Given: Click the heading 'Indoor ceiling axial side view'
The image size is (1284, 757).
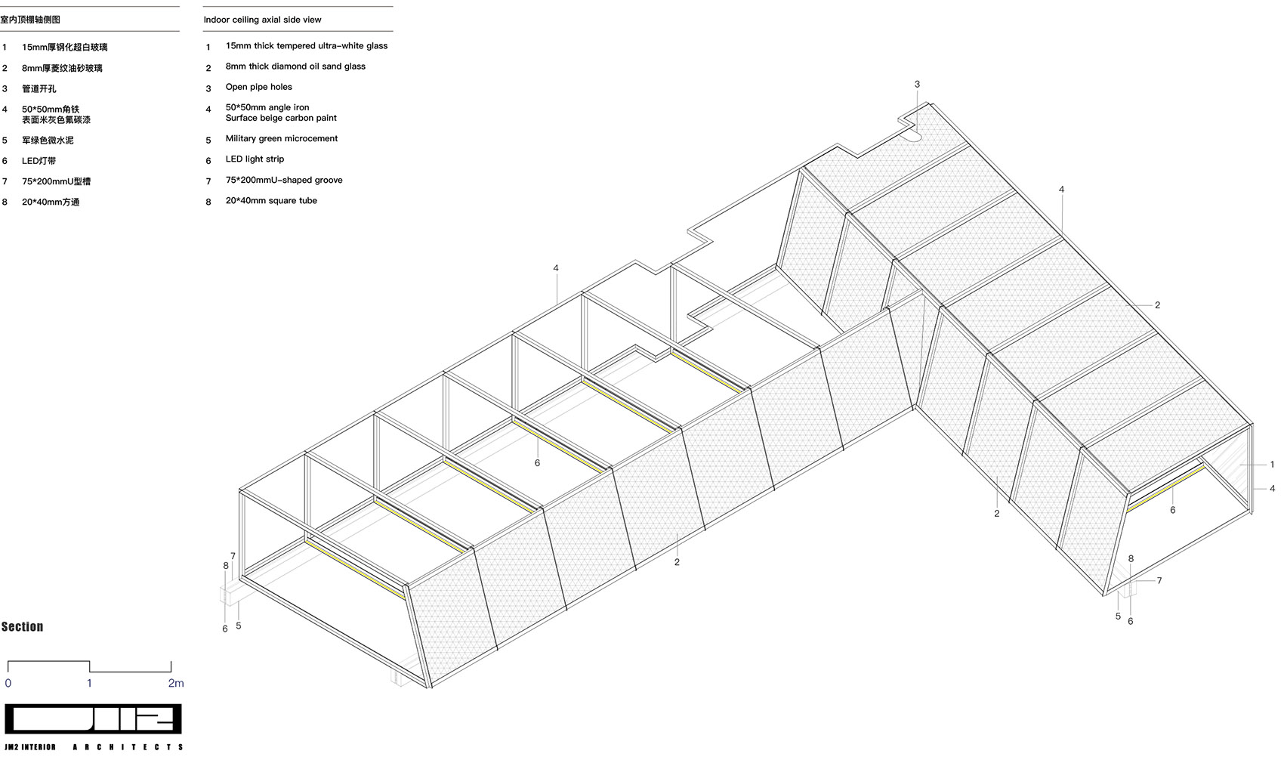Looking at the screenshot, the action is point(262,20).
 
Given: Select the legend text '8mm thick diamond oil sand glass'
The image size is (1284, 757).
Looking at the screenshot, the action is point(295,66).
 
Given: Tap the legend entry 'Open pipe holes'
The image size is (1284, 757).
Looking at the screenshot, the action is point(258,87).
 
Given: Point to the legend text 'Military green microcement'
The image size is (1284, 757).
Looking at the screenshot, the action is point(282,139).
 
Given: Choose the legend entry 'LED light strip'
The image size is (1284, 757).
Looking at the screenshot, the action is point(255,159).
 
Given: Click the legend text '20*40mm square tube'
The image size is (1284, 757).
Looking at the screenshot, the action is point(271,201).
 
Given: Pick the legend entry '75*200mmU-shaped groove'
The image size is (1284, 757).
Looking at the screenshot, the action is point(284,180).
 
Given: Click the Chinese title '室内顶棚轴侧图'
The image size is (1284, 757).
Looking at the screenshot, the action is point(30,20).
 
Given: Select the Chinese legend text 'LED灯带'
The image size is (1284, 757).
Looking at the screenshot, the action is point(39,161).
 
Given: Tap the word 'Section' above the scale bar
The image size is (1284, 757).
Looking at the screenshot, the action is point(23,627).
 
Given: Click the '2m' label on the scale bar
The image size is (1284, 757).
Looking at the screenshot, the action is point(176,683).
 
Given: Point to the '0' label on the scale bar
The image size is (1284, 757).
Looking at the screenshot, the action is point(8,683).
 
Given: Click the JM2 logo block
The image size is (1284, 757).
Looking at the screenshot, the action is point(93,719).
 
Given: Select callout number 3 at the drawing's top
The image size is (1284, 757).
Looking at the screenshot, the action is point(917,85).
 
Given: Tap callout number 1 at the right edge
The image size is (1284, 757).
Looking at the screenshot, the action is point(1272,465).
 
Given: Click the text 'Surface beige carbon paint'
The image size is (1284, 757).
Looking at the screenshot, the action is point(281,118).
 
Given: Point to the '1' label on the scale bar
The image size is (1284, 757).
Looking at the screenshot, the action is point(89,683).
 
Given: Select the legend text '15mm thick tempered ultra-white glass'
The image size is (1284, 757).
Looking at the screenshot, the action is point(306,46).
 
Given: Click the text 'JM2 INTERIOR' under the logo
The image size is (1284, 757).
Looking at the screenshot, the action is point(30,747).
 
